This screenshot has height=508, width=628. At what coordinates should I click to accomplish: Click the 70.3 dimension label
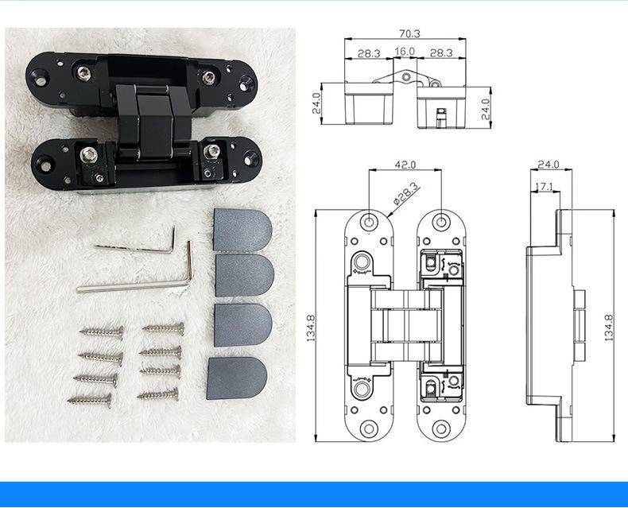[x=409, y=33]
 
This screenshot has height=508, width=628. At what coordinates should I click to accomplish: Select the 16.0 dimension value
[x=405, y=52]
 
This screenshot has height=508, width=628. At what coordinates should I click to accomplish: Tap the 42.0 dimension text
[x=405, y=165]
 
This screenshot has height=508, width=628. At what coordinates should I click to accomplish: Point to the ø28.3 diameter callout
[x=405, y=194]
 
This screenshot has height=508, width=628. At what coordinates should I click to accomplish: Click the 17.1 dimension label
[x=544, y=186]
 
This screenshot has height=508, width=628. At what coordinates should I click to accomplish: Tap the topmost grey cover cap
[x=242, y=230]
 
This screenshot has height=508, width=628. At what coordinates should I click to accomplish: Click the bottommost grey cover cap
[x=237, y=378]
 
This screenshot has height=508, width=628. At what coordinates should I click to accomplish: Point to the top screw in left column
[x=102, y=332]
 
